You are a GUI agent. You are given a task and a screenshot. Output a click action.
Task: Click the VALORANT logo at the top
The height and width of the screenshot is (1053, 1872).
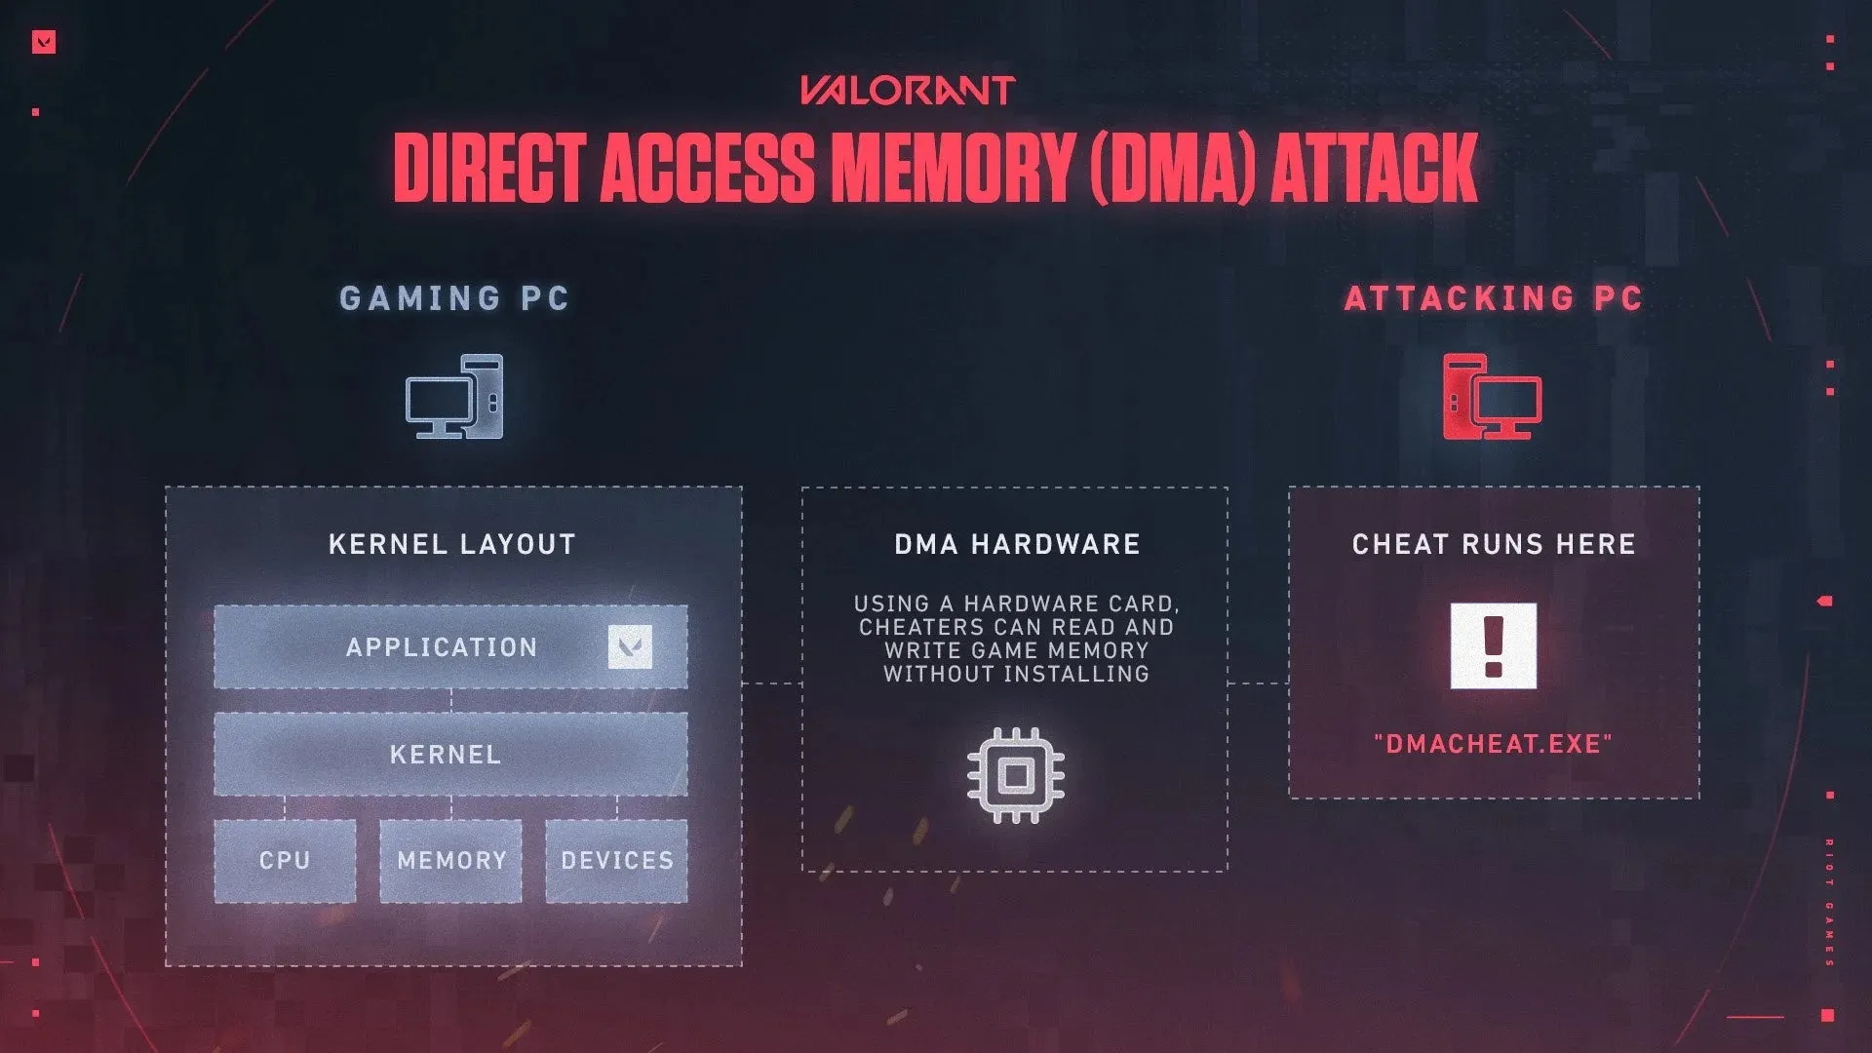(908, 91)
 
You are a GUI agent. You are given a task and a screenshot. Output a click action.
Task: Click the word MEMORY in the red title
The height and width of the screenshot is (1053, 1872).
(952, 168)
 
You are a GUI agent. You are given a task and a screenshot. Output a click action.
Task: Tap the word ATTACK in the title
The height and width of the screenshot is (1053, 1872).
(1375, 168)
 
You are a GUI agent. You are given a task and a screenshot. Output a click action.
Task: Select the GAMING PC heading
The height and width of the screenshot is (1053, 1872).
(454, 298)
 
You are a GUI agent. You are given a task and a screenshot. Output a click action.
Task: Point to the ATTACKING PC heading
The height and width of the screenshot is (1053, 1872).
(1494, 298)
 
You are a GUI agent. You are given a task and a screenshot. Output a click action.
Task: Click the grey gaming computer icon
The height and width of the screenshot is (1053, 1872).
(454, 397)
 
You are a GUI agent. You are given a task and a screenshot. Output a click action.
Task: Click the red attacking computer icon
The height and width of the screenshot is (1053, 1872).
(1492, 397)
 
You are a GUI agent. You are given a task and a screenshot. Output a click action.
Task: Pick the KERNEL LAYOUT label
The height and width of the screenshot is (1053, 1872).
(452, 544)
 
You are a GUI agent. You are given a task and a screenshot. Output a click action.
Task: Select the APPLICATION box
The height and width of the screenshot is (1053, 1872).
(442, 647)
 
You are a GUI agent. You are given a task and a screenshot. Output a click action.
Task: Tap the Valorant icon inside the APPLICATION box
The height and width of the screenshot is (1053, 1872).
(630, 646)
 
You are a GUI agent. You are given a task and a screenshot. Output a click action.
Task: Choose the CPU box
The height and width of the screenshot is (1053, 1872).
(285, 860)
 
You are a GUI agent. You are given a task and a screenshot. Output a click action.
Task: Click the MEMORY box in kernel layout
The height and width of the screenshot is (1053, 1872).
(450, 860)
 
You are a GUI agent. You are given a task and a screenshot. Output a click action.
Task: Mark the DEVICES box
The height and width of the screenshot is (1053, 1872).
(616, 860)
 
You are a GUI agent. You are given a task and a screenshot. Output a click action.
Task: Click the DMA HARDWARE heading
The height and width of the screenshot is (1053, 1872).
(1017, 544)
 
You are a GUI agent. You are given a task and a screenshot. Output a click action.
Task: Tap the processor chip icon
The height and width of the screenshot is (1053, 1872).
(1016, 776)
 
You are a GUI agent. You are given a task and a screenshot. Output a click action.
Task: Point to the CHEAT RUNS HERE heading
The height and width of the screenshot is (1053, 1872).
(1494, 544)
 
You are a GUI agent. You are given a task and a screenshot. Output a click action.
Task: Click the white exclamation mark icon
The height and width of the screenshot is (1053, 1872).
(1493, 645)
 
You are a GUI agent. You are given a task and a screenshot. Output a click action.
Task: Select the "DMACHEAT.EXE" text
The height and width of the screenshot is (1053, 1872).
(1494, 744)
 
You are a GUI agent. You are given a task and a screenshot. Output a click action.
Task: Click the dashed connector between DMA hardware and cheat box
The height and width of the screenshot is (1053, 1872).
(1258, 682)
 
